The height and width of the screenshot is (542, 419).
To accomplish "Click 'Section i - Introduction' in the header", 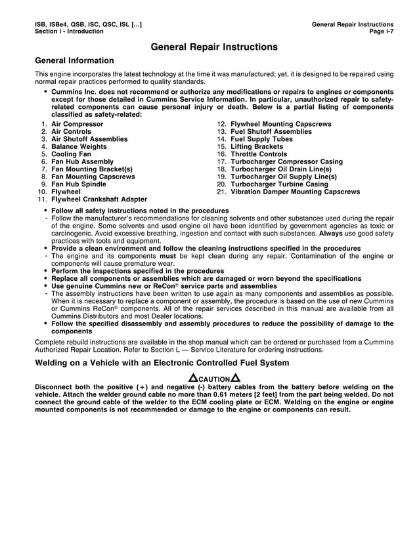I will pyautogui.click(x=69, y=31).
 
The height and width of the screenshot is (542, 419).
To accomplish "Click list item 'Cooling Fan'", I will pyautogui.click(x=71, y=154).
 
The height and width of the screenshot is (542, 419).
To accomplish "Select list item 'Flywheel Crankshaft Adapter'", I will pyautogui.click(x=99, y=199).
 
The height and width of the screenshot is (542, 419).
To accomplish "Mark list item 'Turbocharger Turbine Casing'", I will pyautogui.click(x=279, y=184).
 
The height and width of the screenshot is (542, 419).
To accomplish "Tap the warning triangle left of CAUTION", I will pyautogui.click(x=193, y=379).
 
